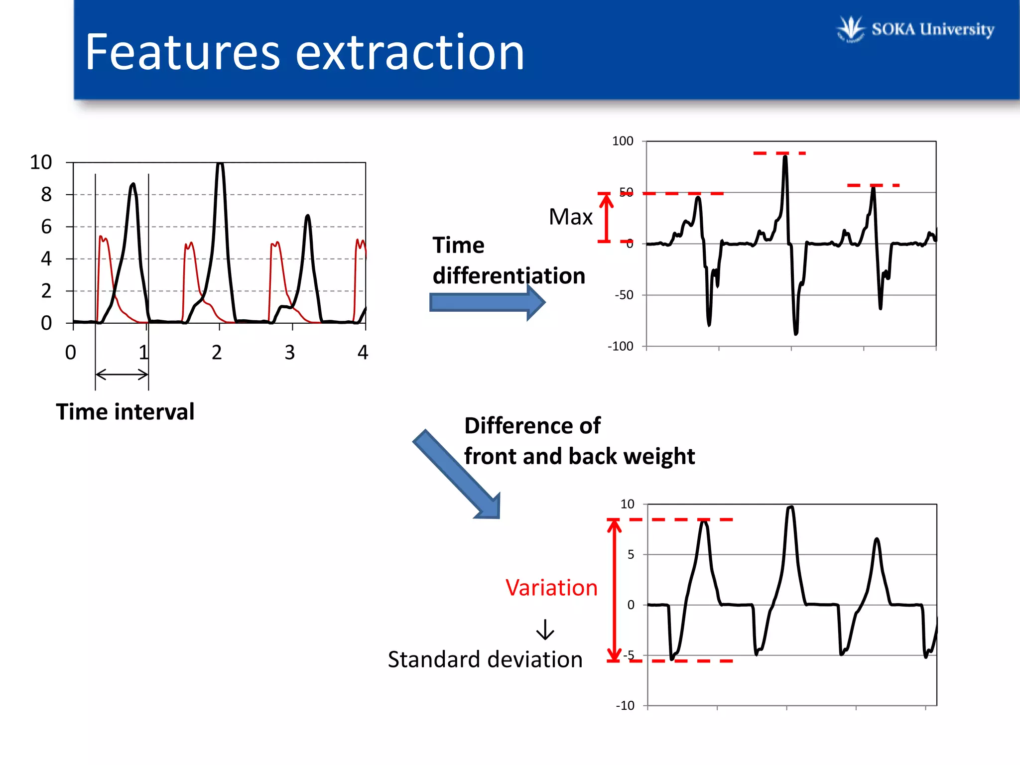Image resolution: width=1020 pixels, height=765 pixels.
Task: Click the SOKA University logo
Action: (x=915, y=29)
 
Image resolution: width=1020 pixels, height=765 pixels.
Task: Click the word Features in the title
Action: (x=182, y=52)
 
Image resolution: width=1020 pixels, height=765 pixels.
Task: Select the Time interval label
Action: (x=125, y=412)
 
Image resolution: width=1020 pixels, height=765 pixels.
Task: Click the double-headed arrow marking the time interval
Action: (x=122, y=375)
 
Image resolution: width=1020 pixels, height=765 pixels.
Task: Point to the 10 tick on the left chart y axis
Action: (x=41, y=162)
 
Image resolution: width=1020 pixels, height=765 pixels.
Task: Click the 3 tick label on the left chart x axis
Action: (x=290, y=353)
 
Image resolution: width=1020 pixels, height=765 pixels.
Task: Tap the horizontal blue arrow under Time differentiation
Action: (x=486, y=302)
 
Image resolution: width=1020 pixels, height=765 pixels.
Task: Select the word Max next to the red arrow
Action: (x=570, y=217)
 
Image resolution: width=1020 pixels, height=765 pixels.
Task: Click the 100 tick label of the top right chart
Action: (x=623, y=141)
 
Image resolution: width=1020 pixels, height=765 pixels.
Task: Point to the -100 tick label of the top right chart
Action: (x=621, y=346)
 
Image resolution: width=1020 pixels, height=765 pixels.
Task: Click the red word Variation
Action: (x=551, y=588)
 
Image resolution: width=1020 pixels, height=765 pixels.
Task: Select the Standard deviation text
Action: (x=485, y=659)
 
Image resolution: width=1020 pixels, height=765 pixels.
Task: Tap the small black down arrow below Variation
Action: (x=545, y=630)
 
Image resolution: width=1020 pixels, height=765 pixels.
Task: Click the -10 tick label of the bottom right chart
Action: (x=625, y=706)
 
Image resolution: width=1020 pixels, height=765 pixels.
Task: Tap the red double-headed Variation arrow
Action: (x=614, y=590)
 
